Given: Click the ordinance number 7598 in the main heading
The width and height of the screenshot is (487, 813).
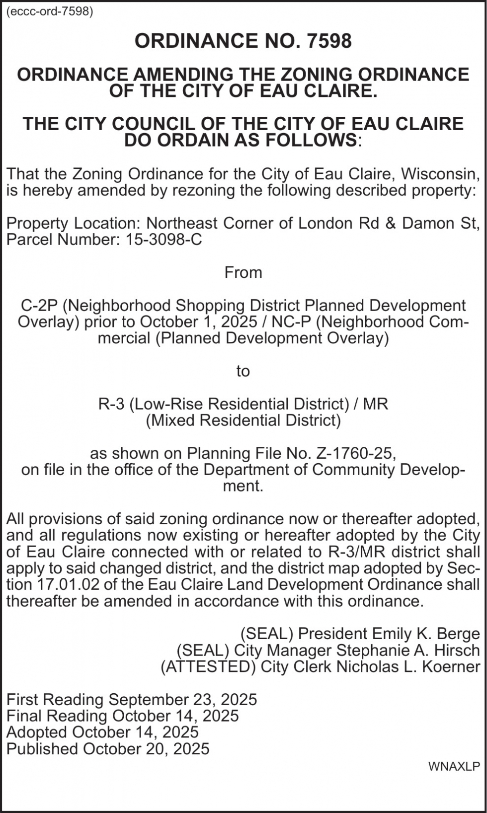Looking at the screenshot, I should (x=329, y=41).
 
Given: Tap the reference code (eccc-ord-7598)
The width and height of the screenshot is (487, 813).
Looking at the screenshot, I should (x=50, y=12).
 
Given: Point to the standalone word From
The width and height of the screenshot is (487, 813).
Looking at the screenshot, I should (x=243, y=272).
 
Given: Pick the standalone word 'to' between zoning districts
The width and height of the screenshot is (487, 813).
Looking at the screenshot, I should (x=243, y=371).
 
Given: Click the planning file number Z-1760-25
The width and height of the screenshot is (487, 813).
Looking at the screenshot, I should (x=354, y=453).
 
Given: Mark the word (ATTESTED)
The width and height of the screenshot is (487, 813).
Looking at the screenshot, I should (x=208, y=666).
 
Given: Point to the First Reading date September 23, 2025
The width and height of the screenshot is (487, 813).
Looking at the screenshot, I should (x=182, y=700).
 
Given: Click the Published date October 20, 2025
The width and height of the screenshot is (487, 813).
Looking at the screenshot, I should (x=146, y=749).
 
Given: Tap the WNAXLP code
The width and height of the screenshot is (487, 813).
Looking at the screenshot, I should (x=454, y=766).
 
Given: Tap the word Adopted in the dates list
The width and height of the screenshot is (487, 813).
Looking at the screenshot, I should (x=37, y=732).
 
